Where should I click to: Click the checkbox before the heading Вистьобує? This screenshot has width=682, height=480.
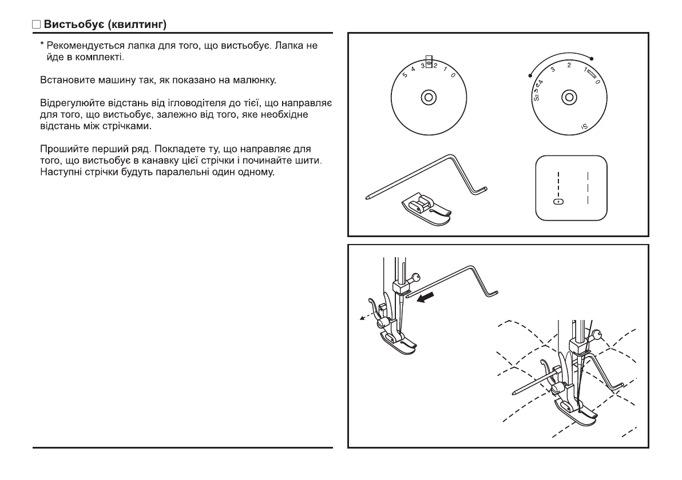tap(36, 26)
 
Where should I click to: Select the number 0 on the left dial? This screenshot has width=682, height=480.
tap(453, 76)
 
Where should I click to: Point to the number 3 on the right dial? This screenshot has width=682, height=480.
tap(553, 69)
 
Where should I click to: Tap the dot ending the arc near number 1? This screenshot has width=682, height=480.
tap(592, 58)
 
